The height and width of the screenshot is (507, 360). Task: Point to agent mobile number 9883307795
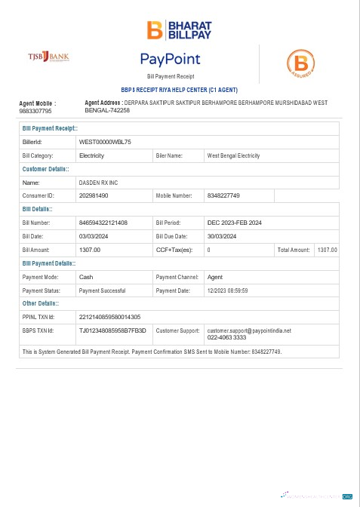35,111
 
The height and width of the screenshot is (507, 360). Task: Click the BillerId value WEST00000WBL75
106,142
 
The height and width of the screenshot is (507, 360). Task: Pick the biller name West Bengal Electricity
233,155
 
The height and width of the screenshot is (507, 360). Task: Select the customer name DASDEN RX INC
99,183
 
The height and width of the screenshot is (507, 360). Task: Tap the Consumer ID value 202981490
94,195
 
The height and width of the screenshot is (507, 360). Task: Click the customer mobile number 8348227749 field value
223,195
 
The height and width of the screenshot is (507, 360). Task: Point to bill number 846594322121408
103,223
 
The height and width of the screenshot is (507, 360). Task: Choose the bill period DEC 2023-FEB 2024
235,223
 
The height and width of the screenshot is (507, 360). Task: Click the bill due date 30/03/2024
223,236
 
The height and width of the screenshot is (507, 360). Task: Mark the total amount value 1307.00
328,250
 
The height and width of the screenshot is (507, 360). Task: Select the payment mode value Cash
86,277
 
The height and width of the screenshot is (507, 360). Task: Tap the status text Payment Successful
102,290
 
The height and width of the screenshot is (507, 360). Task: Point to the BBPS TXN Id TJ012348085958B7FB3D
112,330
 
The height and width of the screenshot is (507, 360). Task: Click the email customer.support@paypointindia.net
249,330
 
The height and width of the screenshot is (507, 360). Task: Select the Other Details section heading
46,303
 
